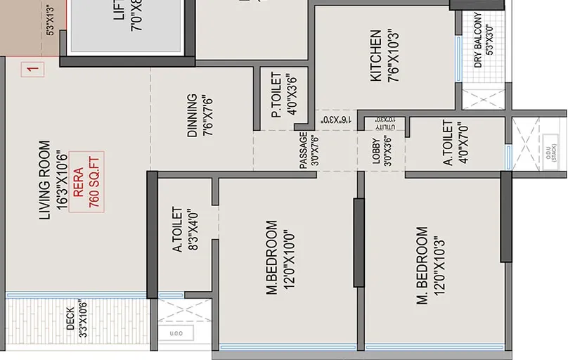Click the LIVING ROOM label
click(44, 179)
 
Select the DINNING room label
click(192, 115)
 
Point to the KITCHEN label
click(376, 56)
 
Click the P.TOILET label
click(276, 94)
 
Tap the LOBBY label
click(376, 150)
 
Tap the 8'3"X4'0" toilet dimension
click(191, 229)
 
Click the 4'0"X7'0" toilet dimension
click(463, 142)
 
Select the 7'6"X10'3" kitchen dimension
click(392, 56)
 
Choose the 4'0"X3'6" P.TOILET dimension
click(292, 94)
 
